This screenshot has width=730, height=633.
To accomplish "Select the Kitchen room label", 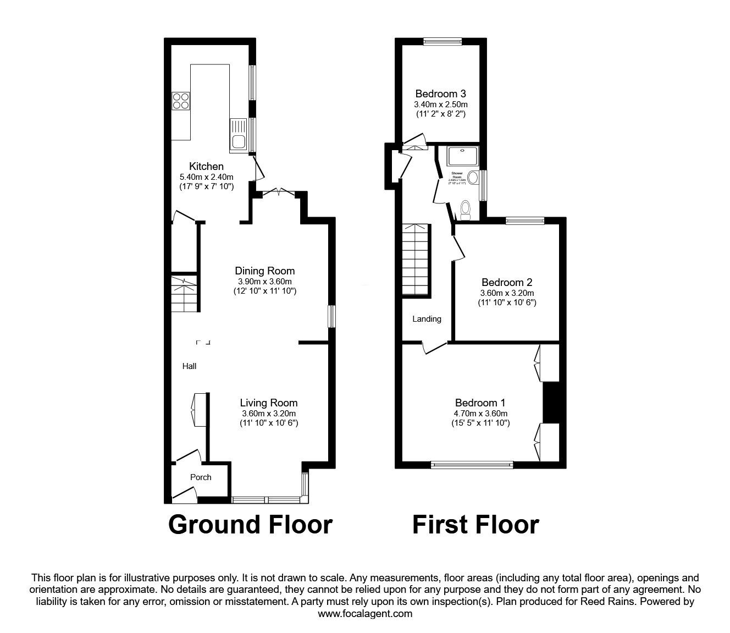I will [207, 166].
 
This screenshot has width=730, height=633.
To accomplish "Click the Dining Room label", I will [264, 271].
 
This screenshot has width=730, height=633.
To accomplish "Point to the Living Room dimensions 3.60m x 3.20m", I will [269, 414].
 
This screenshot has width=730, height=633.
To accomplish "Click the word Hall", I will [190, 366].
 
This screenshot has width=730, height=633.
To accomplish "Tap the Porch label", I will [201, 477].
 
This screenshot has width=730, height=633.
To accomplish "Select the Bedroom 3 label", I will [441, 93].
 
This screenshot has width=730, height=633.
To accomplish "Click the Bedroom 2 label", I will [507, 283].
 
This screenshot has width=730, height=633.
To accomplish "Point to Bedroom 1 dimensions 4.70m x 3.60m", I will [480, 414].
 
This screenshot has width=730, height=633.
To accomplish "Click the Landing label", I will [427, 319].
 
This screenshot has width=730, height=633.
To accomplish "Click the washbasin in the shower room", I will [473, 177].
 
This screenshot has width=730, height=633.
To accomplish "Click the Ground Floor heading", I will [250, 525].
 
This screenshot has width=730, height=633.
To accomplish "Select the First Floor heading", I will [475, 525].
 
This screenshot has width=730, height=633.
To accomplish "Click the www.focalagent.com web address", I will [365, 614].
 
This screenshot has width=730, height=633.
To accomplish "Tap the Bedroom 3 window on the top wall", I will [443, 40].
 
